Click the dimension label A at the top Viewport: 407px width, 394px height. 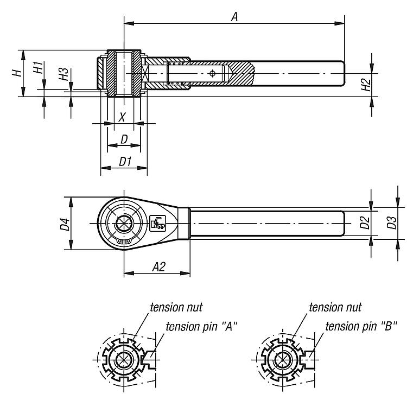(x=234, y=17)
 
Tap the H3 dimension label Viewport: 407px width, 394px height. (x=63, y=74)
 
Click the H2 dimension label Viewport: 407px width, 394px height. (x=366, y=85)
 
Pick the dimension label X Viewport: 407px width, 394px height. (x=122, y=117)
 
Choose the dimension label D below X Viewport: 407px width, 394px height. (x=124, y=139)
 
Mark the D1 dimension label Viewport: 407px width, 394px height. (x=125, y=161)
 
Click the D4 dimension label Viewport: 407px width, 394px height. (x=65, y=224)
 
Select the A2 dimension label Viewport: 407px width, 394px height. (x=159, y=266)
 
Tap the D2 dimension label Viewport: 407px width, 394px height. (x=365, y=223)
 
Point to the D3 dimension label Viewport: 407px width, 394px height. (x=392, y=223)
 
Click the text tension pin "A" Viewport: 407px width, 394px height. (x=202, y=326)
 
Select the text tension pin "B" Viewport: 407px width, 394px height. (x=361, y=326)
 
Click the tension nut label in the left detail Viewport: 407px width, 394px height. (x=176, y=307)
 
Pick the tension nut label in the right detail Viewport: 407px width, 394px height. (x=335, y=307)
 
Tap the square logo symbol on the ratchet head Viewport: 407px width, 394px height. (x=158, y=223)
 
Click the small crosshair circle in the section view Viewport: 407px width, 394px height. (x=212, y=73)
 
